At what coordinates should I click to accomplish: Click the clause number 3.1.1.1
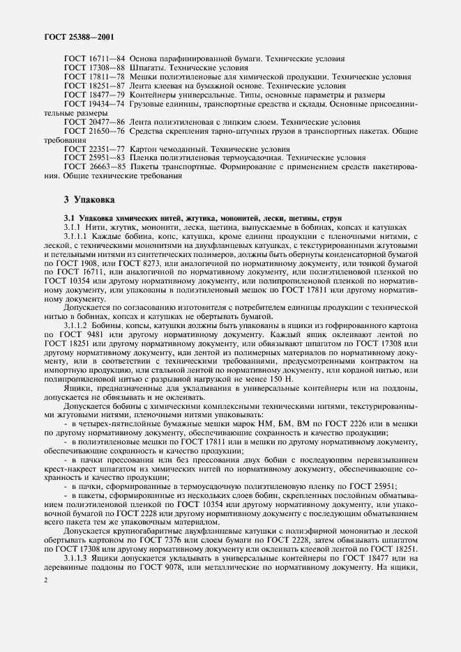(78, 238)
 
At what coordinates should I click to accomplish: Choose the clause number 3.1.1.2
(78, 325)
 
